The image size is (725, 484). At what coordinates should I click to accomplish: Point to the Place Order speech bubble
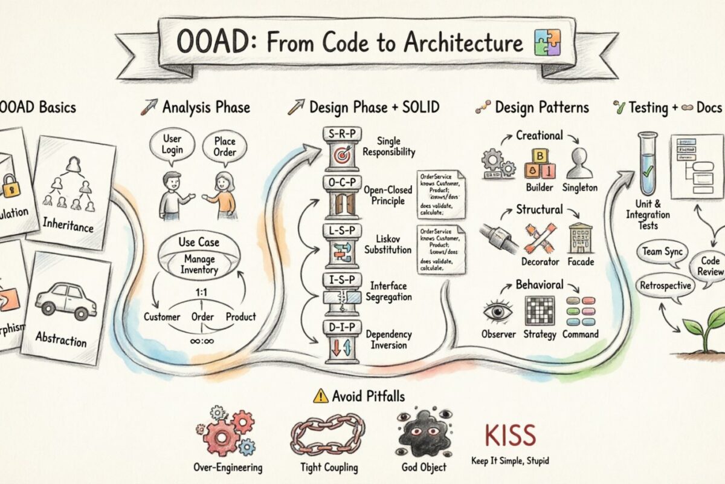(x=224, y=146)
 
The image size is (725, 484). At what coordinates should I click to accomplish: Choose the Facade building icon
(x=581, y=238)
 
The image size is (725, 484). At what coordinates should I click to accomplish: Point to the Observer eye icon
(x=498, y=311)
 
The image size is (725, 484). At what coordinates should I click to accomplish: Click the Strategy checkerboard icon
(x=540, y=311)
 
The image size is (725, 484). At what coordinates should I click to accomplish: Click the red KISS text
(x=511, y=436)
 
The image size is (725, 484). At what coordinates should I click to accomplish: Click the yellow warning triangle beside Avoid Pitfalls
(x=320, y=396)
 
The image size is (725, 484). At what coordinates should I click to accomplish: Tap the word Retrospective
(x=665, y=284)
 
